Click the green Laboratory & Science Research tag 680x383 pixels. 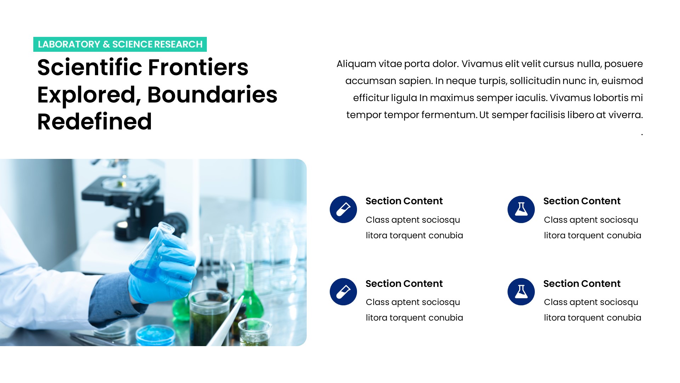pyautogui.click(x=120, y=44)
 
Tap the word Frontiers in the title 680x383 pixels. pyautogui.click(x=198, y=67)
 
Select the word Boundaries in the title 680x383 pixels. pyautogui.click(x=212, y=95)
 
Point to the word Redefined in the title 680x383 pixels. pyautogui.click(x=95, y=122)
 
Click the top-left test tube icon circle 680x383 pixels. pyautogui.click(x=343, y=209)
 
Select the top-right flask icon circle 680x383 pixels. pyautogui.click(x=521, y=209)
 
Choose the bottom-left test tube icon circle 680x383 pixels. pyautogui.click(x=343, y=292)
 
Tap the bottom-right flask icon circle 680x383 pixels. pyautogui.click(x=521, y=292)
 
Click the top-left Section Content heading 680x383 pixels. pyautogui.click(x=404, y=201)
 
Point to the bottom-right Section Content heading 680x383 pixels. pyautogui.click(x=582, y=284)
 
